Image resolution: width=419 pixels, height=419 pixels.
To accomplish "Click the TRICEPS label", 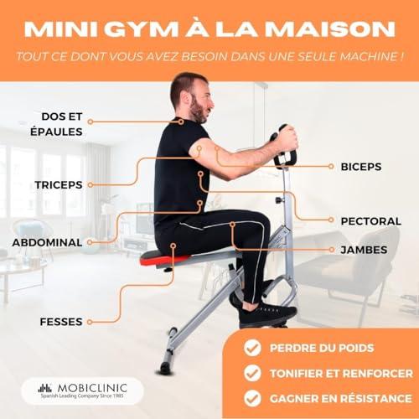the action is (x=59, y=185).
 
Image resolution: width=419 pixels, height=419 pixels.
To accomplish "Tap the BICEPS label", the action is (x=361, y=167).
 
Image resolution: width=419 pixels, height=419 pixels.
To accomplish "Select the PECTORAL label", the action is (x=371, y=221).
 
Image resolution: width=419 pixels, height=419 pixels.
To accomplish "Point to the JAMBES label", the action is (x=364, y=250).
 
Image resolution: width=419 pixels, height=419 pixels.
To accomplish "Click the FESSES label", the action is (x=61, y=322).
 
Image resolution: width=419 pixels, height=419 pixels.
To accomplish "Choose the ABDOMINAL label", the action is (x=47, y=242).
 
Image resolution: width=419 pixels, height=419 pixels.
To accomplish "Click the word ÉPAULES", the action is (x=56, y=132).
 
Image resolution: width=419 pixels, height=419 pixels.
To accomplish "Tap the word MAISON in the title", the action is (x=330, y=29).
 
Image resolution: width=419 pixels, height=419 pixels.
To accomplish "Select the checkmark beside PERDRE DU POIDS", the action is (x=252, y=348).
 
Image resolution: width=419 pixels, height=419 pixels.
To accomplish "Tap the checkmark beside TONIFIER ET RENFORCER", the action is (x=252, y=373).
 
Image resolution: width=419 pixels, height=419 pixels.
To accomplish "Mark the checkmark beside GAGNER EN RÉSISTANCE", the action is (x=252, y=398).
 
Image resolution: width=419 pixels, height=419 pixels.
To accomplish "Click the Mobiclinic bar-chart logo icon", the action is (x=45, y=388).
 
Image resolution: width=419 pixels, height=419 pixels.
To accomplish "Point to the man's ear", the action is (x=185, y=98).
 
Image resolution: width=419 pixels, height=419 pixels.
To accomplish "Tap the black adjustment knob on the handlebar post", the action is (x=279, y=200).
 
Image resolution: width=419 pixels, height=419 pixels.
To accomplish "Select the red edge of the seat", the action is (x=162, y=261).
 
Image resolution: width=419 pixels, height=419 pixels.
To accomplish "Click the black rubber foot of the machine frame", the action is (x=165, y=368).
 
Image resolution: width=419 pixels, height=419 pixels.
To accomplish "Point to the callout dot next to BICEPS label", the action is (x=331, y=167).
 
